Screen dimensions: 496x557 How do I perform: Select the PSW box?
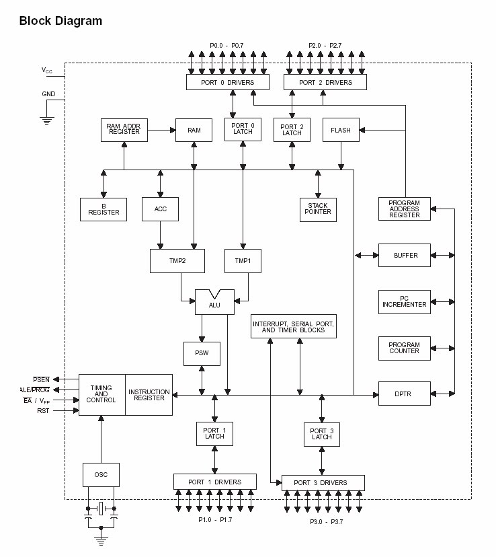(202, 353)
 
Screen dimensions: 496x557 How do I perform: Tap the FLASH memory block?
(341, 130)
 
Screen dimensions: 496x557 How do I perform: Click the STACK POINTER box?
(318, 210)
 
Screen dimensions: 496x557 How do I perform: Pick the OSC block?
(101, 474)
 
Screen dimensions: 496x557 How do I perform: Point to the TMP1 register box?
(243, 261)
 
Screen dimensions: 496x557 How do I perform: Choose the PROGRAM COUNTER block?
(405, 348)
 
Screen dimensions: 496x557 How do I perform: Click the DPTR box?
(405, 394)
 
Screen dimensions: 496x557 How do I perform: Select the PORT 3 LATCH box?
(322, 434)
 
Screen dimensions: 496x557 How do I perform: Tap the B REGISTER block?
(104, 210)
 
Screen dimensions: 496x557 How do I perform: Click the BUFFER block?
(405, 255)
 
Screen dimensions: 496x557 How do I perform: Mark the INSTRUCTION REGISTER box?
(149, 395)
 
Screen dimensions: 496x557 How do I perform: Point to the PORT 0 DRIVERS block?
(228, 82)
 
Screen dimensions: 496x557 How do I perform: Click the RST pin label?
(43, 410)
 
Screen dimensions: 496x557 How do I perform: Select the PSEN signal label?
(41, 379)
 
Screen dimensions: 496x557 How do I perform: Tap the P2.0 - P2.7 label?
(325, 46)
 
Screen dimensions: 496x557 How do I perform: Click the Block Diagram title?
(60, 21)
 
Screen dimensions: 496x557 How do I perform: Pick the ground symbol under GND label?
(47, 121)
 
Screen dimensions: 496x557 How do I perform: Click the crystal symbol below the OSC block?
(101, 509)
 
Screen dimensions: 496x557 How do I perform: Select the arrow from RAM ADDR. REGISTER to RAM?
(162, 130)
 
